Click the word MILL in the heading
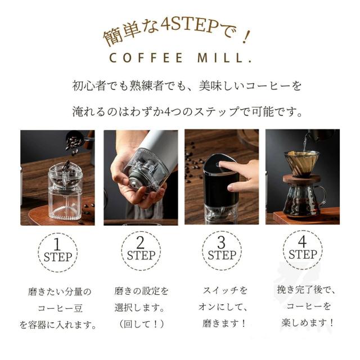pos(220,57)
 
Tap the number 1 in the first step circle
pos(57,244)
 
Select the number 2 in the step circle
pos(140,242)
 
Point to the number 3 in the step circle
pos(221,242)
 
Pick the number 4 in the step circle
pos(302,241)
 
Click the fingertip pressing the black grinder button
pos(221,164)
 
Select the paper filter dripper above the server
pos(301,163)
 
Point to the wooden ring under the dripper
pos(301,179)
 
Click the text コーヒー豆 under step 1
pos(60,308)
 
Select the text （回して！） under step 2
pos(141,324)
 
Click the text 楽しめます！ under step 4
pos(308,323)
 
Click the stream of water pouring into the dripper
pos(304,143)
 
